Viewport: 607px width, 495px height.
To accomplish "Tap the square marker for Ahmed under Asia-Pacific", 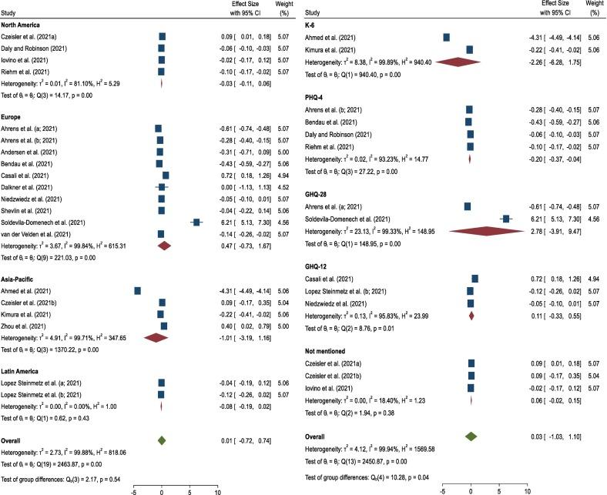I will [137, 290].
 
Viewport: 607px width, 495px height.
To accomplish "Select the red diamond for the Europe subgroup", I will [164, 246].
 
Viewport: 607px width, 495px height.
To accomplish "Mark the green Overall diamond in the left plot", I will [161, 440].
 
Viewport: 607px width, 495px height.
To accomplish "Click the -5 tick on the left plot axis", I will [134, 490].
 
